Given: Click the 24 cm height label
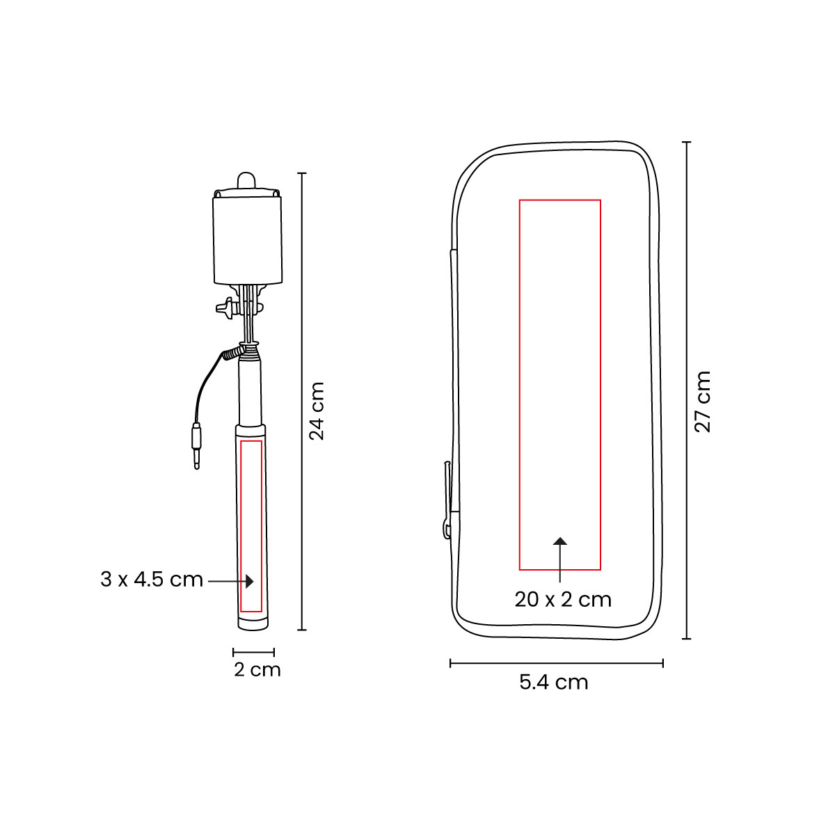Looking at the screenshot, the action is tap(317, 411).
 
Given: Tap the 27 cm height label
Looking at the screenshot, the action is tap(703, 401).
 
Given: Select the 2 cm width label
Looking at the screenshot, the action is tap(257, 669).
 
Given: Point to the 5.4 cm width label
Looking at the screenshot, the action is tap(554, 682).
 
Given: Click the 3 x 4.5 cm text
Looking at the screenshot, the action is tap(152, 580).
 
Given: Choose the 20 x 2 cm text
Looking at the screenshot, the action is tap(563, 599).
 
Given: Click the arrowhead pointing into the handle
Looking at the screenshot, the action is tap(249, 581).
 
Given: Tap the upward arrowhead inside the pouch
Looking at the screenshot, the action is tap(560, 541).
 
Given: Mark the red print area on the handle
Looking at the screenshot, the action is tap(240, 526).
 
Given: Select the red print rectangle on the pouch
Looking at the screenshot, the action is tap(520, 384).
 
